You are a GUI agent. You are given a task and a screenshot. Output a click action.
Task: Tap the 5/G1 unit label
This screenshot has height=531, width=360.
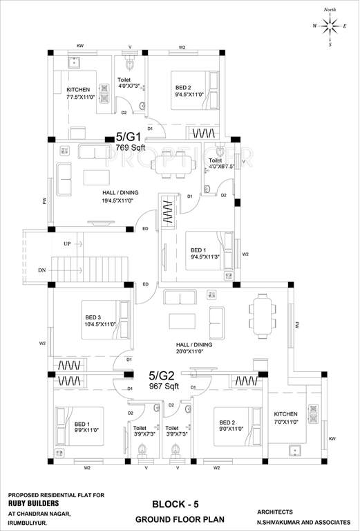(129, 138)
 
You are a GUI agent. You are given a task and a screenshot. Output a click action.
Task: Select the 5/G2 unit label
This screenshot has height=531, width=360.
(163, 376)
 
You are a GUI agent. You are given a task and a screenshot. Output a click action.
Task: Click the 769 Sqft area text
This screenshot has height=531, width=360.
(129, 147)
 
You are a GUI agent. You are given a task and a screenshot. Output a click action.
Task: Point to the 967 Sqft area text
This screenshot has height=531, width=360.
(163, 386)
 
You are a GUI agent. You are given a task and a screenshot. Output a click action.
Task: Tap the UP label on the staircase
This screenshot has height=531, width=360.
(66, 244)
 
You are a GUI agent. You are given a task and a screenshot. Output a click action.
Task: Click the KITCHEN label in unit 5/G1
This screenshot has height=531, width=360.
(78, 90)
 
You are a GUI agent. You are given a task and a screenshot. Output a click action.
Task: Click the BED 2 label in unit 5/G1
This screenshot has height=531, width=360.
(183, 88)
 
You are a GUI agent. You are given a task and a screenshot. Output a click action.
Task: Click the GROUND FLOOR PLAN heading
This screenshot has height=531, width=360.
(173, 519)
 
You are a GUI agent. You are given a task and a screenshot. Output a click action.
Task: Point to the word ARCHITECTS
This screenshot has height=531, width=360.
(278, 512)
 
